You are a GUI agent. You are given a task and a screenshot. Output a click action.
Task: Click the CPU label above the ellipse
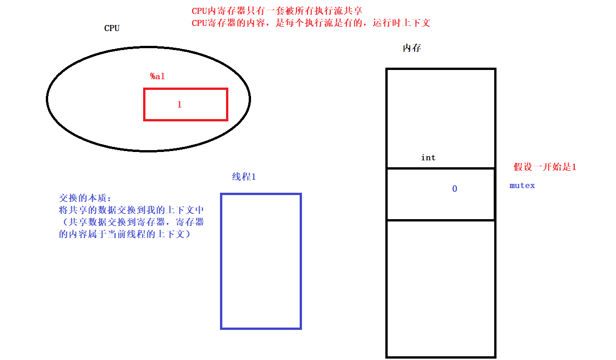pos(112,28)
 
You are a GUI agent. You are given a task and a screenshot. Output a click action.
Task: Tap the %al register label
pos(157,76)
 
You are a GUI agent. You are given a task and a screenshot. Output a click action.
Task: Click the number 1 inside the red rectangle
pos(180,105)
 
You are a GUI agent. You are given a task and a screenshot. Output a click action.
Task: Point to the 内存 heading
pos(412,48)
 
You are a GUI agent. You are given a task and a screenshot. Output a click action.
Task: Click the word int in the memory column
pos(428,158)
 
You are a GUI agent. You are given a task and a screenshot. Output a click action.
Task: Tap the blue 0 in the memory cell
pos(454,189)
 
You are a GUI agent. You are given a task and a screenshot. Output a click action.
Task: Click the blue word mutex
pos(522,185)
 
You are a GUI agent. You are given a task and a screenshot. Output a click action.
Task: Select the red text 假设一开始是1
pos(545,167)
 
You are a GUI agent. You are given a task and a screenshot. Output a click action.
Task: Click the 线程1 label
pos(244,177)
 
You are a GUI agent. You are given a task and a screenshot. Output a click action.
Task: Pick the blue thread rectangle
pos(261,261)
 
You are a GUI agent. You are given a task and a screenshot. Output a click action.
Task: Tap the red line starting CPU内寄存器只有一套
pos(277,11)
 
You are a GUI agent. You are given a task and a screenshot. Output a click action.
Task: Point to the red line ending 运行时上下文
pos(311,23)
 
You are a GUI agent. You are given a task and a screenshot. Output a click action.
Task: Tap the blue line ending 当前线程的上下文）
pos(125,234)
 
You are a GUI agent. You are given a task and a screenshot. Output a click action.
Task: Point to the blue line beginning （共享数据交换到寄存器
pos(132,222)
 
